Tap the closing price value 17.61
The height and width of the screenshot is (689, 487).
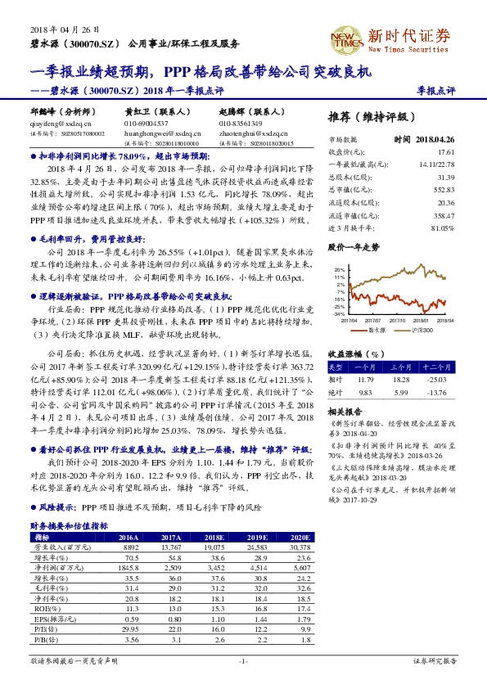pos(445,152)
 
